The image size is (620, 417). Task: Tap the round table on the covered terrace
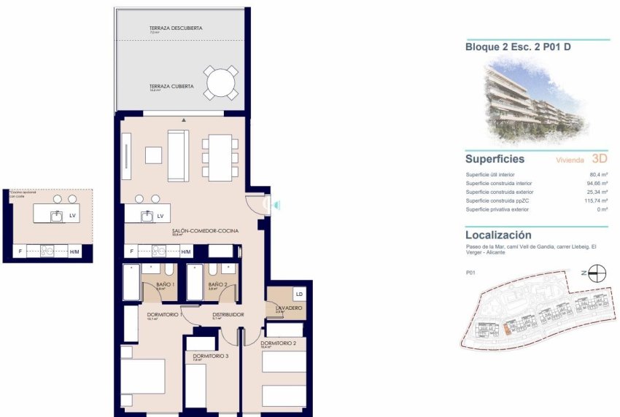(220, 83)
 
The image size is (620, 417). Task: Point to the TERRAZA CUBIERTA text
(171, 86)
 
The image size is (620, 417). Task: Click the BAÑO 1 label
(165, 284)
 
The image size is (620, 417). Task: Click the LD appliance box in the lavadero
(299, 295)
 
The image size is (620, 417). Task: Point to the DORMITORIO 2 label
(278, 343)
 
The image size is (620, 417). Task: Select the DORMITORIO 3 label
(201, 355)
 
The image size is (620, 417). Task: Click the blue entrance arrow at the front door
(276, 206)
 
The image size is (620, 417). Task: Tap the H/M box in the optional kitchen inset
(74, 252)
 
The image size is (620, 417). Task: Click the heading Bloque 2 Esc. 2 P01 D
(507, 47)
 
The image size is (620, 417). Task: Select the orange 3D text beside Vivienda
(600, 158)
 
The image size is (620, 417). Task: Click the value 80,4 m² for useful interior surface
(598, 175)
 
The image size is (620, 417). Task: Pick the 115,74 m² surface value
(595, 201)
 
